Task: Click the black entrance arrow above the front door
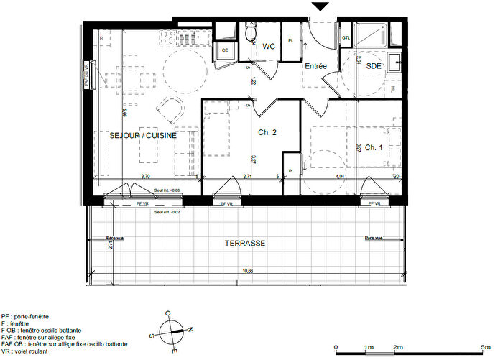(x=320, y=6)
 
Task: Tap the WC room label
(x=269, y=47)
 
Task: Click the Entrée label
(x=316, y=66)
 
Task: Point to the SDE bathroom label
(x=374, y=66)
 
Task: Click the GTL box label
(x=346, y=38)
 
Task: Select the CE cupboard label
(x=224, y=50)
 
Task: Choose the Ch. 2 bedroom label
(x=268, y=132)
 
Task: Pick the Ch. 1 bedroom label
(x=374, y=147)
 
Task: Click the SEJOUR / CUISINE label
(x=143, y=134)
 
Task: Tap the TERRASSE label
(x=245, y=244)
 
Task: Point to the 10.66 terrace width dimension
(x=248, y=271)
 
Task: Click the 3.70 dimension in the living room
(x=144, y=176)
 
